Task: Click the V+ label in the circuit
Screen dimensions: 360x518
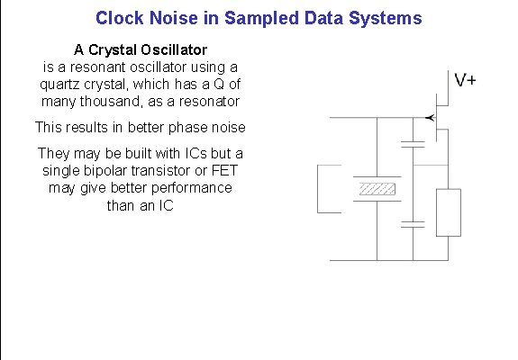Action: tap(466, 81)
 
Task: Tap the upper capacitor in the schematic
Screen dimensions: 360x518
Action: tap(412, 144)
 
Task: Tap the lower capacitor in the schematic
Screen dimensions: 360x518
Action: tap(412, 225)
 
